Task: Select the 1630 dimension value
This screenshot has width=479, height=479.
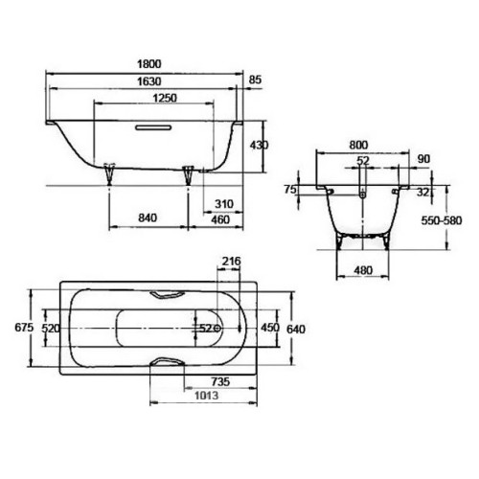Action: pyautogui.click(x=148, y=83)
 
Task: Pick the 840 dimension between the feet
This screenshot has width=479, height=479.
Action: pyautogui.click(x=147, y=217)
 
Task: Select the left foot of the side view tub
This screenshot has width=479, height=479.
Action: pyautogui.click(x=109, y=171)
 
